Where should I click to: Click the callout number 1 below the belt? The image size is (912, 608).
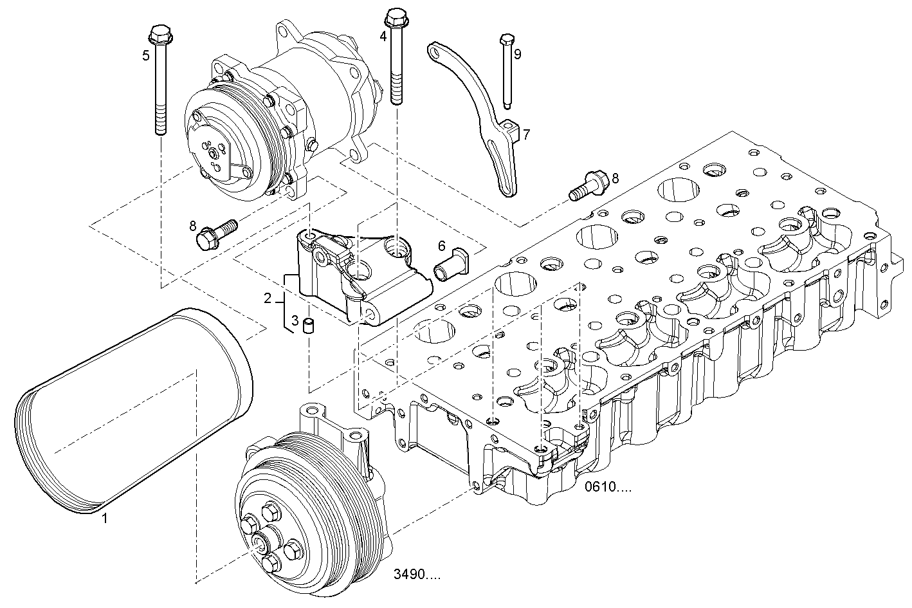click(x=105, y=519)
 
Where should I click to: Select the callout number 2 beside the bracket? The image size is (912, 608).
click(x=268, y=299)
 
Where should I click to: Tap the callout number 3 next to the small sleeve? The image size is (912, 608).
click(x=295, y=320)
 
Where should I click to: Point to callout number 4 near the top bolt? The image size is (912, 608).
click(x=383, y=36)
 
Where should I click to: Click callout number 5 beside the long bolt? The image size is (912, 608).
click(x=146, y=56)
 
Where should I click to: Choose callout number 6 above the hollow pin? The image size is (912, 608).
click(x=442, y=246)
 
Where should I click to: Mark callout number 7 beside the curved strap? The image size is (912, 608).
click(x=527, y=134)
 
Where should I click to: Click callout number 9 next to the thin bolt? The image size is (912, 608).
click(x=518, y=54)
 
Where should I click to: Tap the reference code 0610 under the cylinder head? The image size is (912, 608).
click(x=608, y=486)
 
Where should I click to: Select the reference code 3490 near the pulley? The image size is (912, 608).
click(x=417, y=574)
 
